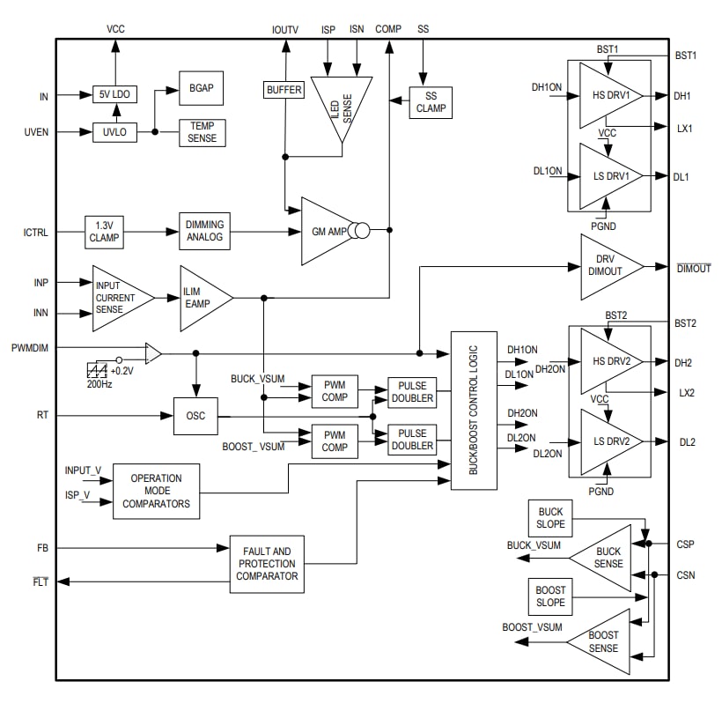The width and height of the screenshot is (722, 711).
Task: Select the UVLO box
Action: [114, 132]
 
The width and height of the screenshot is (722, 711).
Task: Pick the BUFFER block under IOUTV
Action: [284, 90]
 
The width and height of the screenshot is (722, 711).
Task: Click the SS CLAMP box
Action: [431, 102]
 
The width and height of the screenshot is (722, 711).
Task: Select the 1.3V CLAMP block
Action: [105, 232]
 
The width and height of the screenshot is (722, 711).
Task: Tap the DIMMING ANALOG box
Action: [204, 232]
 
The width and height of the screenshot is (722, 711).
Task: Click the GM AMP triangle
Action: [324, 231]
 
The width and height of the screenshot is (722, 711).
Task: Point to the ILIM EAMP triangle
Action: [201, 298]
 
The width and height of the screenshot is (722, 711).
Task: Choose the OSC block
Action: [195, 416]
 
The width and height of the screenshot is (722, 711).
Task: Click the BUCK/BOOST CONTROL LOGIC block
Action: [473, 411]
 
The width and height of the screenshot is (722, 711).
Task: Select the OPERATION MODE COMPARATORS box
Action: [156, 491]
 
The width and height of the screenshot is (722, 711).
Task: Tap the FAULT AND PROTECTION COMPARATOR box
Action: [267, 564]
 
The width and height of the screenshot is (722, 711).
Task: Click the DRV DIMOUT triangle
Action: [606, 265]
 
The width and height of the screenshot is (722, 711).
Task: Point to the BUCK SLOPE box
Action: [550, 518]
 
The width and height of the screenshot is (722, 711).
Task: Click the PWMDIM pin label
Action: [30, 348]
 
